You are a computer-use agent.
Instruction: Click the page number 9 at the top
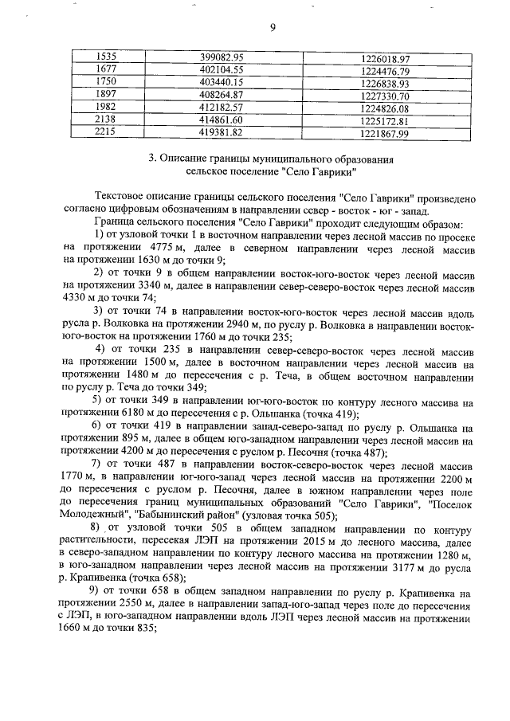pyautogui.click(x=272, y=28)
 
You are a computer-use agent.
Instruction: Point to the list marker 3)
pyautogui.click(x=99, y=309)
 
